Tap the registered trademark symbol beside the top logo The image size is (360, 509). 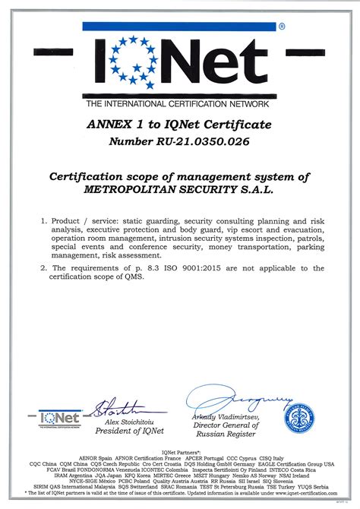[282, 27]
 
